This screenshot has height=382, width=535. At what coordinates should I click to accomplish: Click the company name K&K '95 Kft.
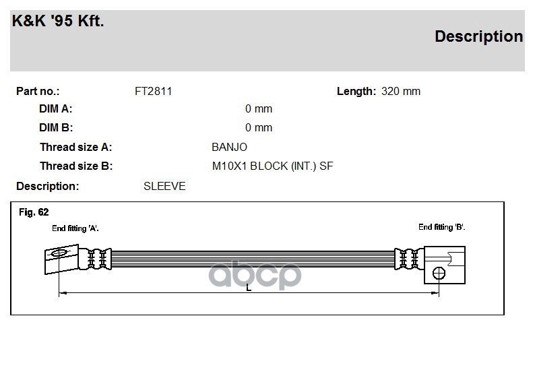[x=58, y=21]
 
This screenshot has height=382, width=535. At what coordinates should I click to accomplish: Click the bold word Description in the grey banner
[x=478, y=36]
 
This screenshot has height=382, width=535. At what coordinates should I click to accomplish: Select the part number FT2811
[x=153, y=92]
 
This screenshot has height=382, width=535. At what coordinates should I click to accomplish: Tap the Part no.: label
[x=38, y=92]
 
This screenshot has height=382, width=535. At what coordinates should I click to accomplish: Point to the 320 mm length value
[x=400, y=92]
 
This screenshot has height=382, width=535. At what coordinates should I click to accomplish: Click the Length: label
[x=356, y=92]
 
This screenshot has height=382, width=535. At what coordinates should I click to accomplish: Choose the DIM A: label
[x=56, y=108]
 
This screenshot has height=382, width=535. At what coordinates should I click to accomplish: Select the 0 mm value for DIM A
[x=259, y=108]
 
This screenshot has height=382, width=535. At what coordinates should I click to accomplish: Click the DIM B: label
[x=56, y=127]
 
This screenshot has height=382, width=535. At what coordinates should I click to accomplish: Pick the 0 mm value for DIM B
[x=259, y=127]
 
